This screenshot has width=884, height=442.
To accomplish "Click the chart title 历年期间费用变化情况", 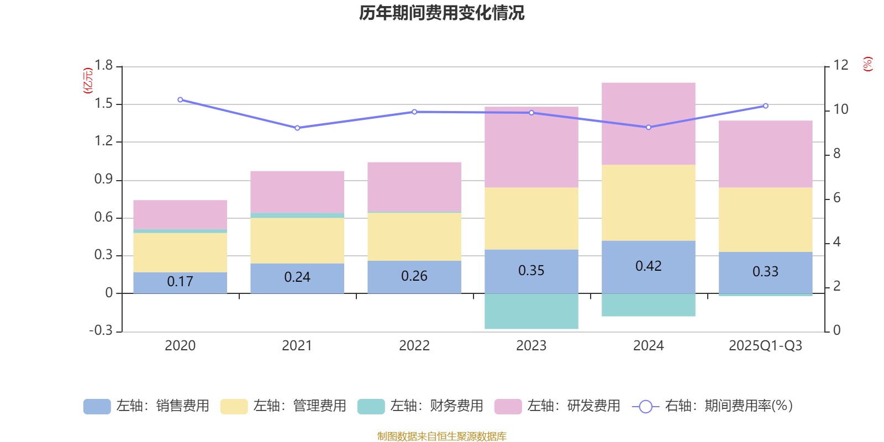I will [x=441, y=13].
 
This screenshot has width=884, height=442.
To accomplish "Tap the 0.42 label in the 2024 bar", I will [x=648, y=266].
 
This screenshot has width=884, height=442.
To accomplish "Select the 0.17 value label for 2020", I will [x=180, y=282].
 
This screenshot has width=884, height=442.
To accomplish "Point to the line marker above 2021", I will [x=297, y=128].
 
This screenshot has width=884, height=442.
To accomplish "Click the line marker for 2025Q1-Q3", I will [x=765, y=106].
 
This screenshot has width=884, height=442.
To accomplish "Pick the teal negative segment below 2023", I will [x=531, y=312].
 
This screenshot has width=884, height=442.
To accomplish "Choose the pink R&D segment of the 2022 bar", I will [x=414, y=187].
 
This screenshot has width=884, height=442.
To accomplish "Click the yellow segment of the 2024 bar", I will [x=648, y=202].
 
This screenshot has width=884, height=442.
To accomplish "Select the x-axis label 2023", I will [x=531, y=346].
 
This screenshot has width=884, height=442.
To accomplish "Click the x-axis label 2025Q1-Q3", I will [x=765, y=346].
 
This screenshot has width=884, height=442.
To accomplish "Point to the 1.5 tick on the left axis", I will [x=103, y=104].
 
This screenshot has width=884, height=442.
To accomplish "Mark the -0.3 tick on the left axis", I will [x=101, y=330].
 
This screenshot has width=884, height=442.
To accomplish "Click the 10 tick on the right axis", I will [x=840, y=109].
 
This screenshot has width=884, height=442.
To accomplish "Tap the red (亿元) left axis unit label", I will [x=88, y=81].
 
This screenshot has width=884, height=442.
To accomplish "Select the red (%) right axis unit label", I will [x=867, y=64].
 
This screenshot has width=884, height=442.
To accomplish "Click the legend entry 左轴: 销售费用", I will [x=146, y=406].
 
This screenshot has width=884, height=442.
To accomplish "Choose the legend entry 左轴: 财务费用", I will [x=420, y=406].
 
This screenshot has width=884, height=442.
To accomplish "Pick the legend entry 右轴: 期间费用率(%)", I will [x=712, y=406].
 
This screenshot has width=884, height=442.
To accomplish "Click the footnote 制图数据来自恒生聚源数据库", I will [x=441, y=436].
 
